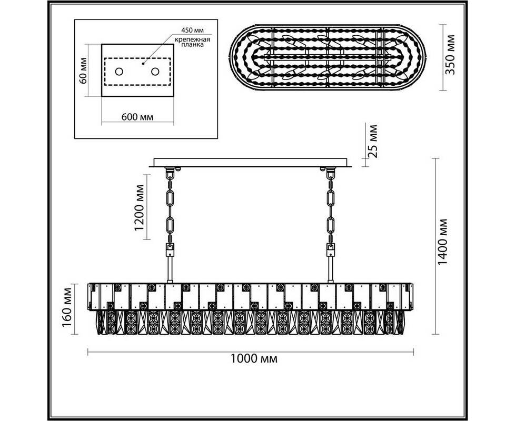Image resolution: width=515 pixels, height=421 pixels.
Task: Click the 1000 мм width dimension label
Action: pos(254,359)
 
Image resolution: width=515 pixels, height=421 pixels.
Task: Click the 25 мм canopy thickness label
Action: pos(372,141)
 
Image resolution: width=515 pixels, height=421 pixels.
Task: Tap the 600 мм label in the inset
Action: pos(137,117)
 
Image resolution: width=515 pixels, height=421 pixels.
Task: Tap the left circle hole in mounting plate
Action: pos(119,72)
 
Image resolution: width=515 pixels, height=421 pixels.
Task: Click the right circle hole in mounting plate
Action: pos(155,72)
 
